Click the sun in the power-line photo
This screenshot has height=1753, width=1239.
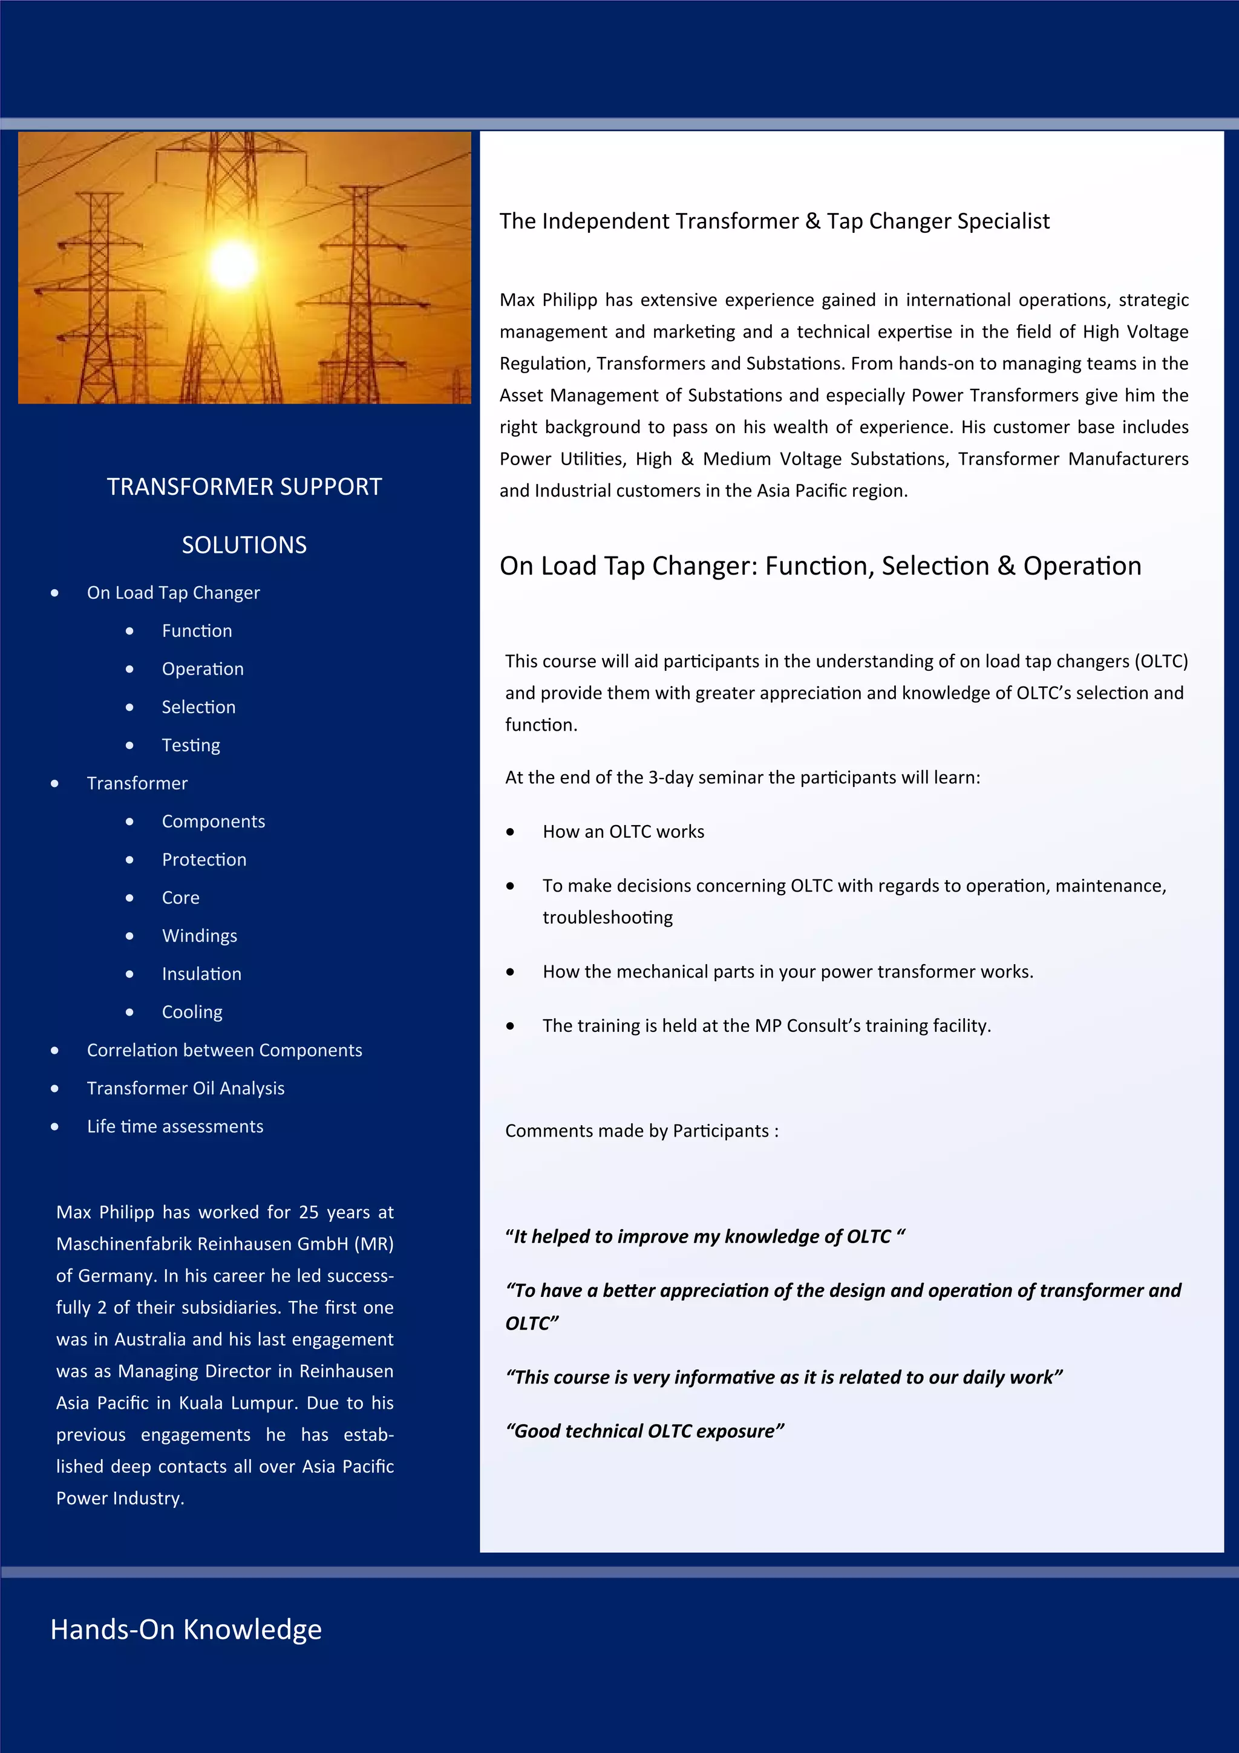click(x=233, y=263)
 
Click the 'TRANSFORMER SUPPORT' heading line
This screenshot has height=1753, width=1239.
click(x=244, y=486)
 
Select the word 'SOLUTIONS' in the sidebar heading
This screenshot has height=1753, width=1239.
click(x=244, y=544)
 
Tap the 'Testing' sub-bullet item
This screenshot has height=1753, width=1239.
click(x=191, y=745)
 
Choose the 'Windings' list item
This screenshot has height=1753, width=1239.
click(x=199, y=936)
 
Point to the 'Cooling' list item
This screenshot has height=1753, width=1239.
click(x=192, y=1013)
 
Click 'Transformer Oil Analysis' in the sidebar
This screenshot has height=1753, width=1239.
click(x=186, y=1088)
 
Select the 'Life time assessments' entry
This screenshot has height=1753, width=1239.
click(x=175, y=1126)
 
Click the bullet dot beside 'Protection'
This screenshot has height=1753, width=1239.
click(x=130, y=860)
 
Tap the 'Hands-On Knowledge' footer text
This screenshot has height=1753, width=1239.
click(x=186, y=1630)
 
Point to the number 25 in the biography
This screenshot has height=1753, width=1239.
click(x=309, y=1212)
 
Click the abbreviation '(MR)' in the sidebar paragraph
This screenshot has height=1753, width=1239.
click(x=376, y=1244)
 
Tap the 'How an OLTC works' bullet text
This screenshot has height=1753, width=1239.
click(x=623, y=832)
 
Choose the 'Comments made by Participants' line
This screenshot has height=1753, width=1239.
click(x=641, y=1131)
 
